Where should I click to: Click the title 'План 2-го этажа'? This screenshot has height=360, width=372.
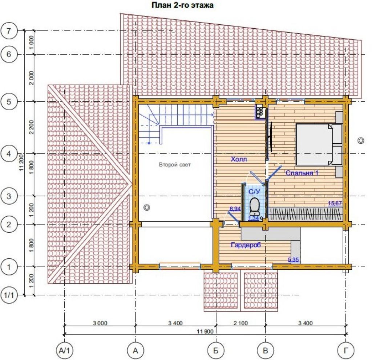coord(182,5)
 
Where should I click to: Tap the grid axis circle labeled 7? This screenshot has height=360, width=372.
coord(9,31)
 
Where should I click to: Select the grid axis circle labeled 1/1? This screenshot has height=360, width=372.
coord(9,295)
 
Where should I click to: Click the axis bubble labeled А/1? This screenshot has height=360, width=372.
coord(64,350)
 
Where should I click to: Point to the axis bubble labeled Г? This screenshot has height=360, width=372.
coord(346,350)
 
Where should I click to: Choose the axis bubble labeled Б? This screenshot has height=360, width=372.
coord(216,350)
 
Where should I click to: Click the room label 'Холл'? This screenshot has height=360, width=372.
coord(239,159)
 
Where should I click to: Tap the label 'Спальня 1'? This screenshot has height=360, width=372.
coord(302,173)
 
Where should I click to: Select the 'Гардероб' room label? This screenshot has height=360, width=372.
coord(246,245)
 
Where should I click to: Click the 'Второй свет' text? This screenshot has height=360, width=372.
coord(175,164)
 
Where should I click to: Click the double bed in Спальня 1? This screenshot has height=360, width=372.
coord(319,144)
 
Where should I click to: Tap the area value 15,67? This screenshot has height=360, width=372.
coord(335,203)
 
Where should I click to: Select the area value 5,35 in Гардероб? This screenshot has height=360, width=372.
coord(294,260)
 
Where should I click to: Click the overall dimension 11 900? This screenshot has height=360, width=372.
coord(205,331)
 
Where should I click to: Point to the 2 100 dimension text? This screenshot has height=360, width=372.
coord(240,323)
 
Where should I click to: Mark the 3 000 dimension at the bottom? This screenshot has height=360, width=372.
coord(100,323)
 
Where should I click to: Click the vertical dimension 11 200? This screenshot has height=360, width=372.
coord(22,162)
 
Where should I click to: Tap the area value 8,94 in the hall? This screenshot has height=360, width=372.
coord(235,209)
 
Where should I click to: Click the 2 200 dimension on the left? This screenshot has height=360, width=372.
coord(32,127)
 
